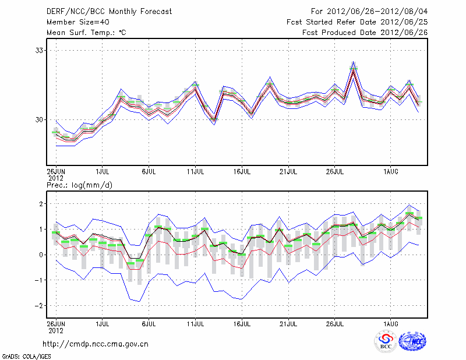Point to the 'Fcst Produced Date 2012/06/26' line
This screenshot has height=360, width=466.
(x=365, y=32)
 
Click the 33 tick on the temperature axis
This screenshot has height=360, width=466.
(x=39, y=50)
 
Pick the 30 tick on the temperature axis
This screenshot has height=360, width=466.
(x=39, y=119)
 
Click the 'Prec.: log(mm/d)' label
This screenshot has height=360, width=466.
(x=79, y=185)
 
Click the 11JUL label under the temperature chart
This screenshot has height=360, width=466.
(x=195, y=171)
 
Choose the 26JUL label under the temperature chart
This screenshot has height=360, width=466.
(x=335, y=171)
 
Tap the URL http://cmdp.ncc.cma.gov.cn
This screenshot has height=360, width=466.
(x=96, y=344)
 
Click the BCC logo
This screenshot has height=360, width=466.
(x=385, y=341)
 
